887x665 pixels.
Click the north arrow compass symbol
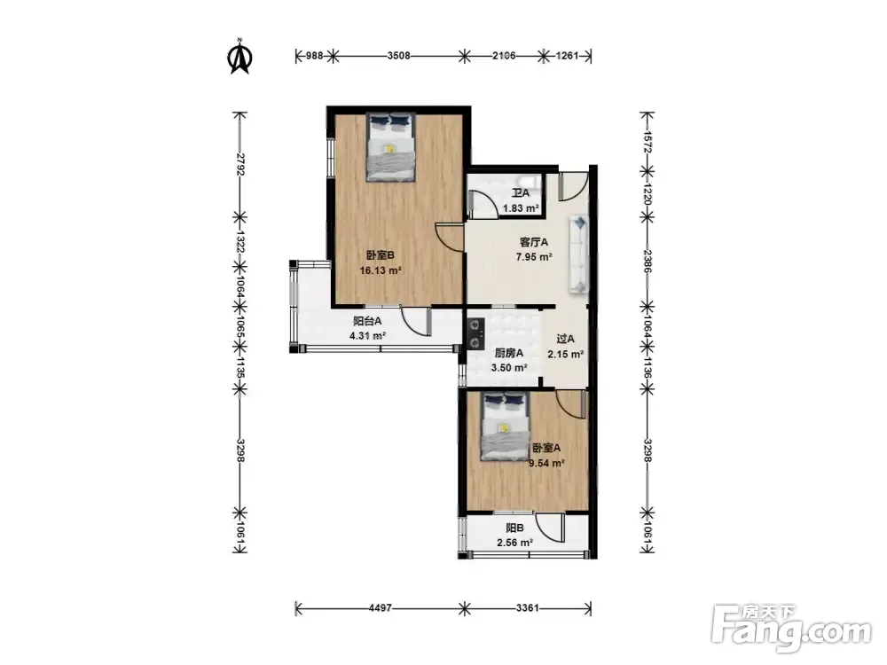[239, 56]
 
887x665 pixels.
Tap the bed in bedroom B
[390, 147]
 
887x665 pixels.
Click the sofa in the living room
[578, 254]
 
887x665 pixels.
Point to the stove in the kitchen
[475, 333]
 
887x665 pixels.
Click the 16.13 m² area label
[381, 270]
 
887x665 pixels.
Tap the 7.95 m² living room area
[533, 257]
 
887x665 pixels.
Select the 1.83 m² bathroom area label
[521, 208]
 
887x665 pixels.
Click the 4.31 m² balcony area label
[368, 336]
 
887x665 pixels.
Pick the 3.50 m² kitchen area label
[509, 368]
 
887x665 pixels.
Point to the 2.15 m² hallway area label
[565, 355]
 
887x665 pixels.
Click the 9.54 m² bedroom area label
[546, 464]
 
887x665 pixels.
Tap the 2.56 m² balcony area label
[514, 543]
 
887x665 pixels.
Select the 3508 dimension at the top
[399, 55]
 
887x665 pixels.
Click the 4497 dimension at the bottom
[381, 608]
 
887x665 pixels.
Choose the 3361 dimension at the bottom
[527, 608]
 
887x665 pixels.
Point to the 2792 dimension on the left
[239, 164]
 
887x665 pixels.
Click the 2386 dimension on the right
[648, 262]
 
